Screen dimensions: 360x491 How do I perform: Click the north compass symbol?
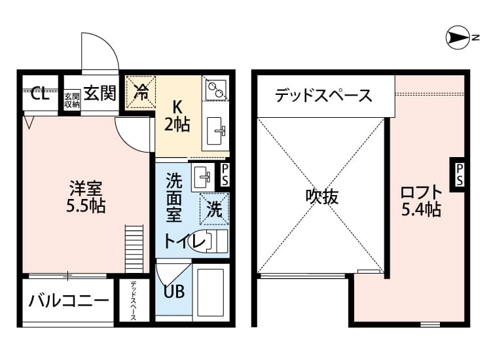(x=456, y=39)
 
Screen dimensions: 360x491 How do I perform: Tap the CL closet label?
(x=40, y=94)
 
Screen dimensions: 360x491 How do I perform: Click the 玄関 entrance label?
(x=100, y=93)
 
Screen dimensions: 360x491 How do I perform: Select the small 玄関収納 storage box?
(x=72, y=99)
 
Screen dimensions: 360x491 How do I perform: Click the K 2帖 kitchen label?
(x=177, y=115)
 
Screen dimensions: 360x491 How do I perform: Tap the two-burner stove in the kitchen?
(x=216, y=89)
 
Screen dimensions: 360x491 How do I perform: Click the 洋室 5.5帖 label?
(x=85, y=196)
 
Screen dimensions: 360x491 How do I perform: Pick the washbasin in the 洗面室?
(x=202, y=175)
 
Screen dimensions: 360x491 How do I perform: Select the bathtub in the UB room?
(x=211, y=291)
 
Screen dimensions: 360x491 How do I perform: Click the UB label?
(x=173, y=292)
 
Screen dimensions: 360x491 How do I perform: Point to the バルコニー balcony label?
(x=68, y=301)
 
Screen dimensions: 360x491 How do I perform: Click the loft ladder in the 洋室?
(x=134, y=248)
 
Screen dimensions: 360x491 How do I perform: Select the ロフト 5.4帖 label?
(x=420, y=201)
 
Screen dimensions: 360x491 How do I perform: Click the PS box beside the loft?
(x=459, y=175)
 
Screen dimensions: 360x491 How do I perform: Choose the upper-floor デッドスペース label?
(x=323, y=96)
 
